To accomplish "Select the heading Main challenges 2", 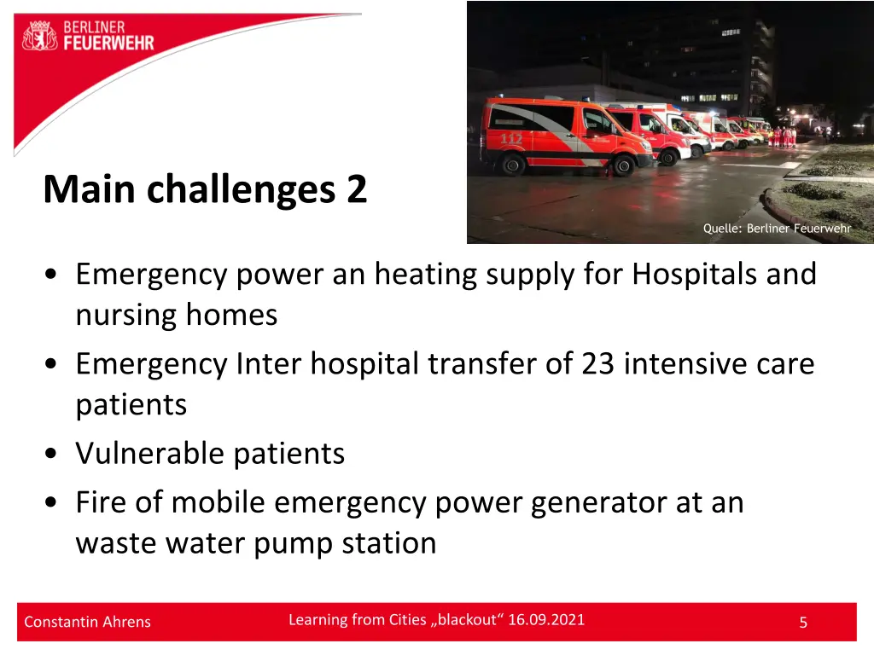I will (205, 189).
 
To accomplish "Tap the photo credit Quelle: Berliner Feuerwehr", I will (777, 228).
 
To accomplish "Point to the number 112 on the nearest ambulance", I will (511, 137).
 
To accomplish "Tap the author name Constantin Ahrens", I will (87, 622).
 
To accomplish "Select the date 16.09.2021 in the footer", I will (546, 620).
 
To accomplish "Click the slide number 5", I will (802, 623).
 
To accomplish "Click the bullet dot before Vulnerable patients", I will (53, 454).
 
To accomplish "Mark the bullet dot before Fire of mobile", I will (53, 503).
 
